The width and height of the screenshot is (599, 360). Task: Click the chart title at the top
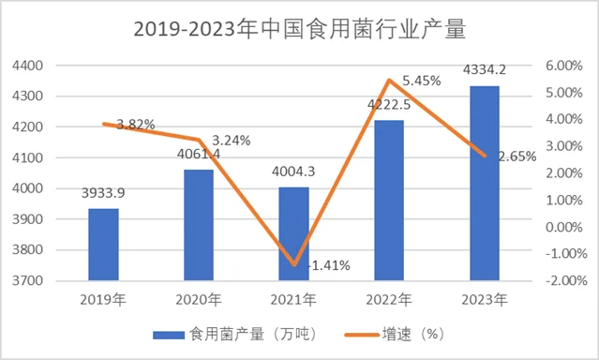pyautogui.click(x=299, y=28)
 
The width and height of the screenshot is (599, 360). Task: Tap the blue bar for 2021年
pyautogui.click(x=293, y=233)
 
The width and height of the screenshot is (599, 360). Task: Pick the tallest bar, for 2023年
pyautogui.click(x=484, y=183)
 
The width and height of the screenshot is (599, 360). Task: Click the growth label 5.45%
pyautogui.click(x=421, y=82)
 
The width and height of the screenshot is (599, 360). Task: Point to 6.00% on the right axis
pyautogui.click(x=563, y=66)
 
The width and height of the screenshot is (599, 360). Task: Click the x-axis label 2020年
pyautogui.click(x=199, y=300)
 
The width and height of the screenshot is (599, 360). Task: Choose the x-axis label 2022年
pyautogui.click(x=389, y=300)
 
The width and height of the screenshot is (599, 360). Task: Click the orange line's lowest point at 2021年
pyautogui.click(x=294, y=265)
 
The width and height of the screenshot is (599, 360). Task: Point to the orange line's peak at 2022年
pyautogui.click(x=389, y=81)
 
